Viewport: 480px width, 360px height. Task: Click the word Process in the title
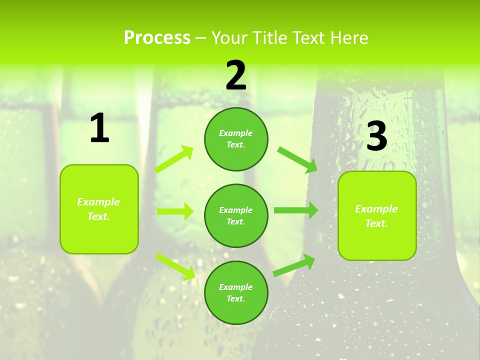point(157,38)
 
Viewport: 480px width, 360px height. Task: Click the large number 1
point(99,129)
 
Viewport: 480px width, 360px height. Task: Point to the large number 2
point(236,75)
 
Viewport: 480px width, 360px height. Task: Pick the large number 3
point(377,136)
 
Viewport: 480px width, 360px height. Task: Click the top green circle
point(236,139)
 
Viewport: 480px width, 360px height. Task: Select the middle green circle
point(236,215)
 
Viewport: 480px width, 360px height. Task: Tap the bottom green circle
point(236,292)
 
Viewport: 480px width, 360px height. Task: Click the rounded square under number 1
point(99,209)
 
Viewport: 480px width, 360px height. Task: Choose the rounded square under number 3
point(377,216)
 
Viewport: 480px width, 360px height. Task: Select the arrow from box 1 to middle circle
point(175,211)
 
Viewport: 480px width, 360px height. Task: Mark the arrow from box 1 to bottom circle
point(175,266)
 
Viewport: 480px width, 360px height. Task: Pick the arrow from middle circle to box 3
point(296,210)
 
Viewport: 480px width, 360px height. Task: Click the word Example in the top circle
point(236,133)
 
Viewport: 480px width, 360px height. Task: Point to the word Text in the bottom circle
point(235,298)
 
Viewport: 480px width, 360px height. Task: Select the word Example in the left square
point(98,202)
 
